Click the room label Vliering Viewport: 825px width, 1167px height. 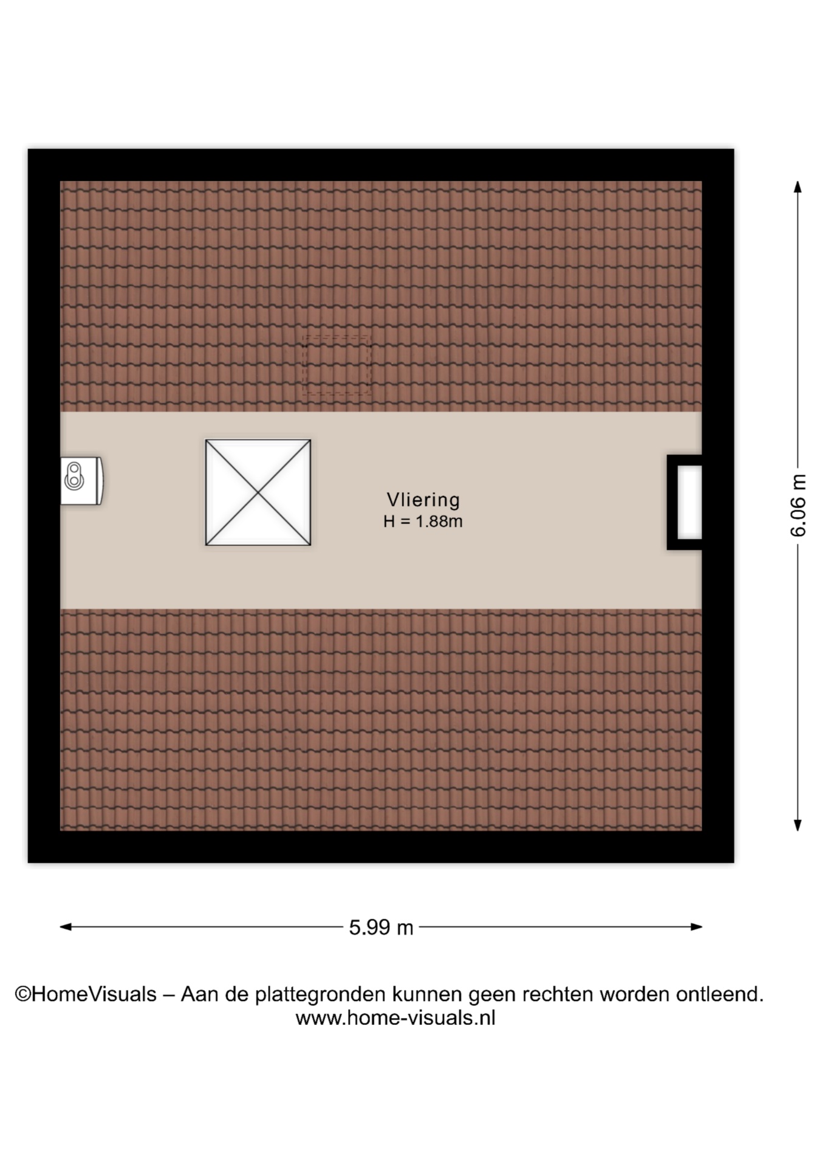423,500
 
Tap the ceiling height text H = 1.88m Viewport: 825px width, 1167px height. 423,522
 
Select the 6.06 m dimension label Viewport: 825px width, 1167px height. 798,506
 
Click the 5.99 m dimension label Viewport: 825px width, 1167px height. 381,928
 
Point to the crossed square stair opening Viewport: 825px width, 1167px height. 258,492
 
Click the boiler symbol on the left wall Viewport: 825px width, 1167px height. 81,481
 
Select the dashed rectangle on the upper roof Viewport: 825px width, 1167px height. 337,364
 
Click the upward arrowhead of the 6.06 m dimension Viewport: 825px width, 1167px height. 798,187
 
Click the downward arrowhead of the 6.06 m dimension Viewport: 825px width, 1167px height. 798,825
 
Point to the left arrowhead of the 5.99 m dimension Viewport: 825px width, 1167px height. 66,927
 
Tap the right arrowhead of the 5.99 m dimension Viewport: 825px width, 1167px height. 696,927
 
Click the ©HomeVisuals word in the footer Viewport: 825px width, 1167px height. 86,994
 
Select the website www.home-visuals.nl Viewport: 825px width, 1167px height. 395,1018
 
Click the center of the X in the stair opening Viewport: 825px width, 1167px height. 258,492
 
